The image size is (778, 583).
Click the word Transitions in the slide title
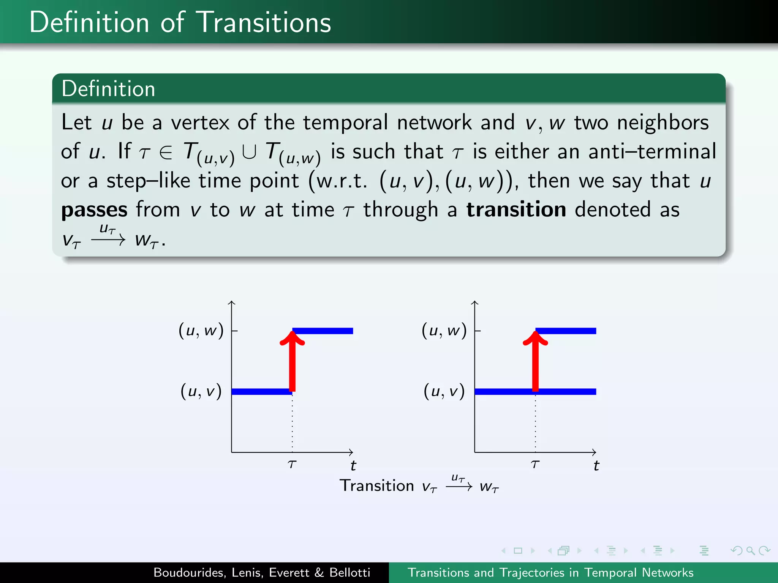265,23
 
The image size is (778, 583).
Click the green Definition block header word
108,89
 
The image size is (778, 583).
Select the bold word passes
94,210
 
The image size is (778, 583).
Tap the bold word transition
516,210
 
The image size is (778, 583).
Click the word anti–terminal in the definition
652,151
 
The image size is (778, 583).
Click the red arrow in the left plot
292,364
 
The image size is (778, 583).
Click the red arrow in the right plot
535,364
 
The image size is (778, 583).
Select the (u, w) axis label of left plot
201,330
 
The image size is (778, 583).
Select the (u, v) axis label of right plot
444,391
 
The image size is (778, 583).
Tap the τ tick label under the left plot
292,464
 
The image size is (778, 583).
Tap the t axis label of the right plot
596,465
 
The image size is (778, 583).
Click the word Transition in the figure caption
376,486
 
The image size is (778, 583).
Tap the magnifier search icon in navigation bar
750,550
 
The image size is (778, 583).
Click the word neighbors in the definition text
663,123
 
